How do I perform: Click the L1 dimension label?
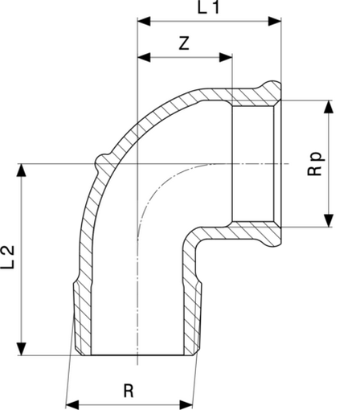tap(208, 7)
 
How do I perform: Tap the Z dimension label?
tap(184, 43)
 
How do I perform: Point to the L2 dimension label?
tap(8, 257)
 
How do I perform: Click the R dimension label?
tap(129, 391)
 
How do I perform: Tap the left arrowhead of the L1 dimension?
tap(144, 21)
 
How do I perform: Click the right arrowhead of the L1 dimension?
tap(275, 21)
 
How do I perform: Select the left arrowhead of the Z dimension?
tap(144, 57)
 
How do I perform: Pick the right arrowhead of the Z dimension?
tap(226, 57)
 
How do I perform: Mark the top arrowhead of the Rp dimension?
tap(329, 107)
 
